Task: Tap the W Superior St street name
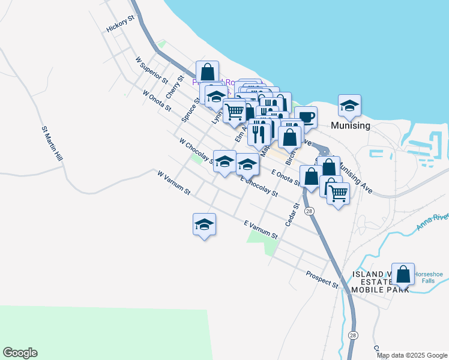point(151,70)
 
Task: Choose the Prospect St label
point(322,278)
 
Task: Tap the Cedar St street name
point(293,214)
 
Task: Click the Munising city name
point(351,126)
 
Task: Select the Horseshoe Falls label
point(429,278)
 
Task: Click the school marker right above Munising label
point(349,106)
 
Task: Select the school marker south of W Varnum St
point(204,224)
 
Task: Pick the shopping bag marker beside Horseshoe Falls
point(403,274)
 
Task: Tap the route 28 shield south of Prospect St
point(354,335)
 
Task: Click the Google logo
point(20,353)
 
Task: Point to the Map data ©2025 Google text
point(412,355)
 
